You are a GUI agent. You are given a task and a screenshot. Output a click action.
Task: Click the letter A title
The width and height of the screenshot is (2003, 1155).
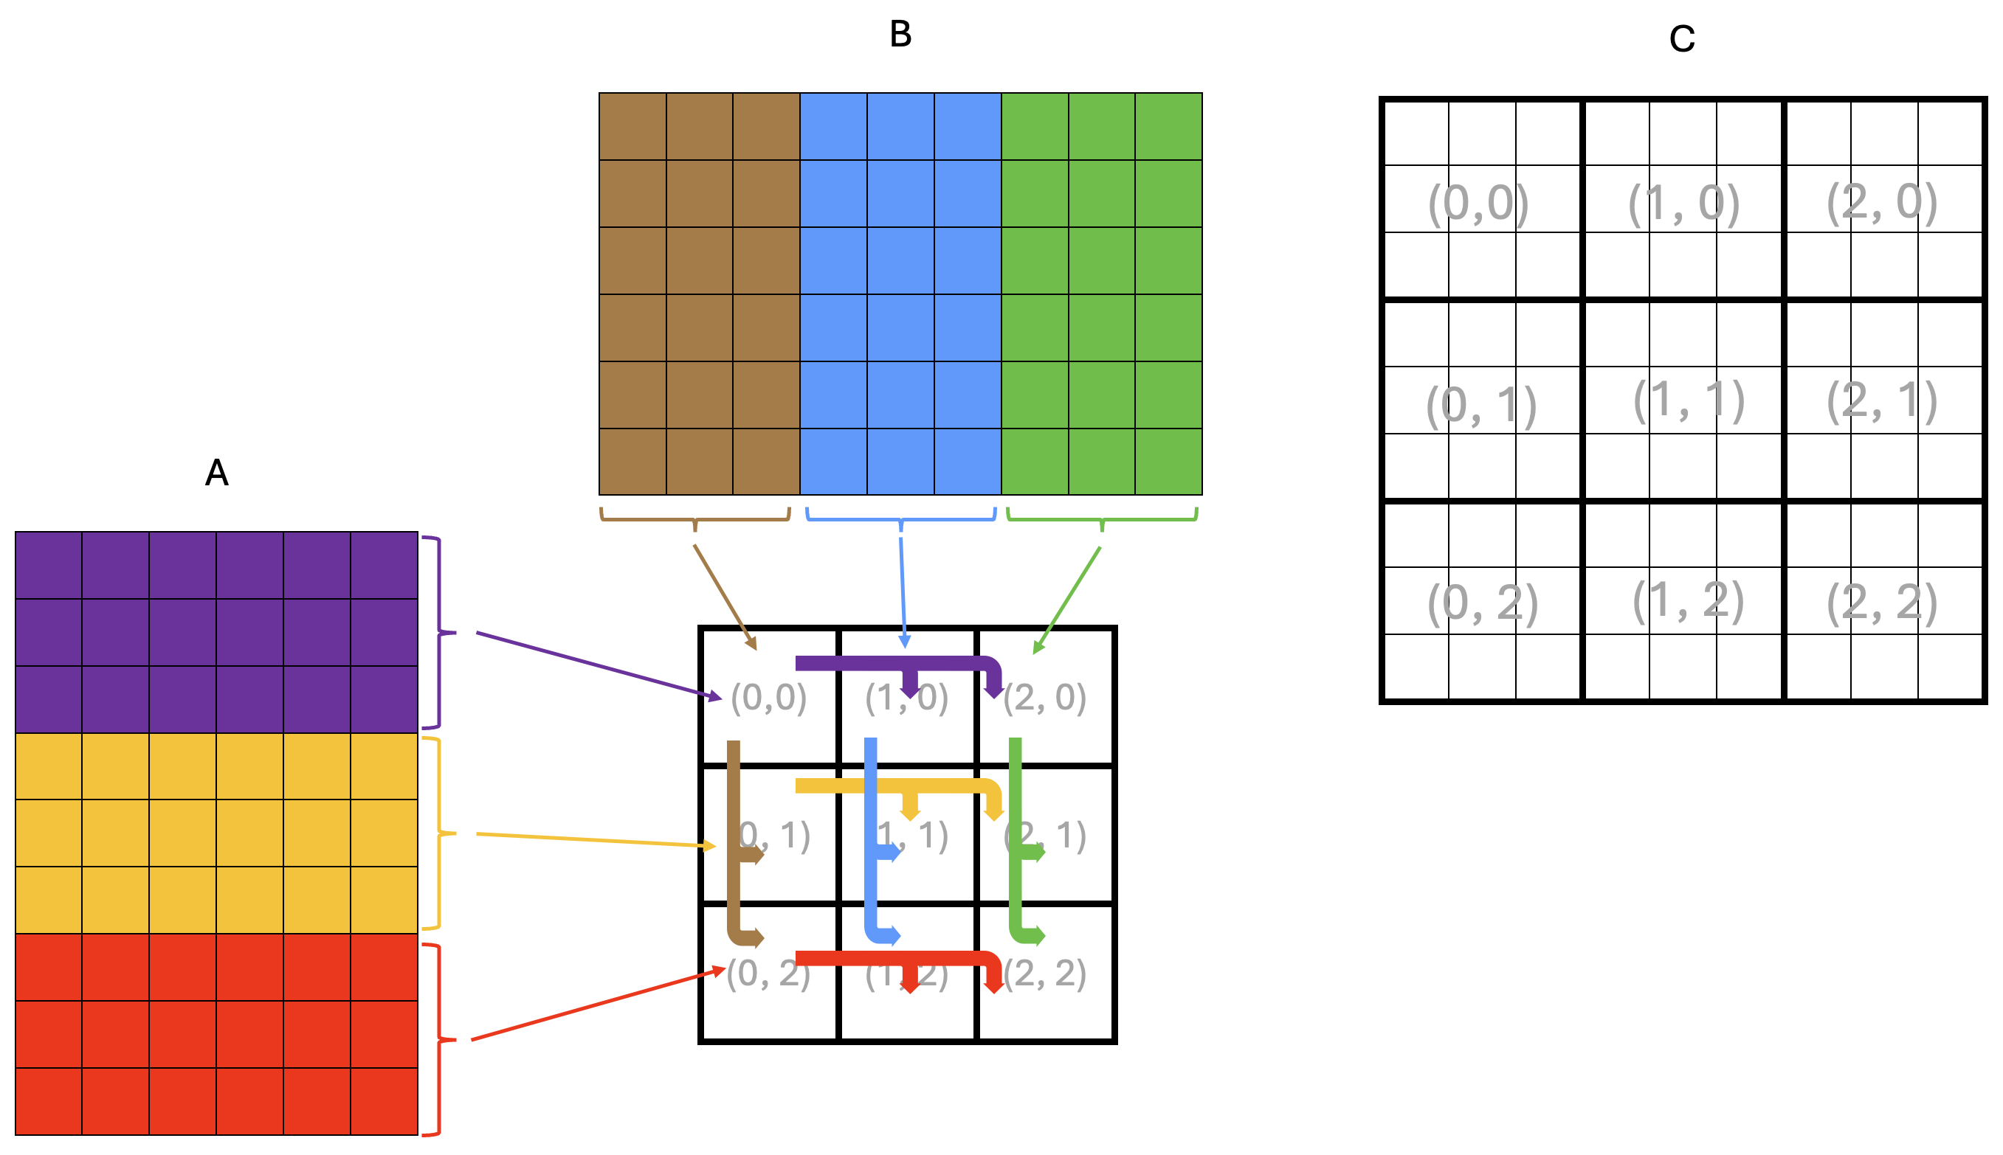(217, 474)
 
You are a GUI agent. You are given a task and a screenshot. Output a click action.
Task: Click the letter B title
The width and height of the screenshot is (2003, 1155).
(900, 35)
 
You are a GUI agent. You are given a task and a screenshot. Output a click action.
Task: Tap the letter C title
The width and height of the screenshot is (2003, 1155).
(1682, 39)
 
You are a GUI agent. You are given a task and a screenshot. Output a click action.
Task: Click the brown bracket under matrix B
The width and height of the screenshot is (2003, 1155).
(695, 518)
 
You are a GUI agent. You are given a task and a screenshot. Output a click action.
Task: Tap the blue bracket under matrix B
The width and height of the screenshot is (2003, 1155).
(900, 519)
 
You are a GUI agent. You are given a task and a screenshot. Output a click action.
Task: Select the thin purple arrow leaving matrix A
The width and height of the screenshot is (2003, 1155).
(595, 665)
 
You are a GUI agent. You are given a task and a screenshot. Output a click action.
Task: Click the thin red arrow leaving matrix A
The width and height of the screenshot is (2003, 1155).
(595, 1004)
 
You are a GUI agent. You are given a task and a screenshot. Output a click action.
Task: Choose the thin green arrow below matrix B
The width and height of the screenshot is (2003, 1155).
(1067, 600)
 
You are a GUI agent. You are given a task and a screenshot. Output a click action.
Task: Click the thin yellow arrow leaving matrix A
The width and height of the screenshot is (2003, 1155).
(595, 840)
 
